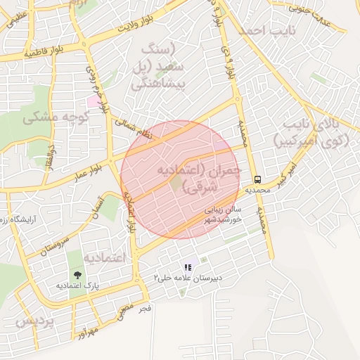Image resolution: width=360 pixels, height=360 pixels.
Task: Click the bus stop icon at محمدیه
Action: tap(258, 179)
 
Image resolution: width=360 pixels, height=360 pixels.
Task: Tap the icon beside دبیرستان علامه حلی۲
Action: tap(187, 267)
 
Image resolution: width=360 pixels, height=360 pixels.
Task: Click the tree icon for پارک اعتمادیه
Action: tap(77, 274)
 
